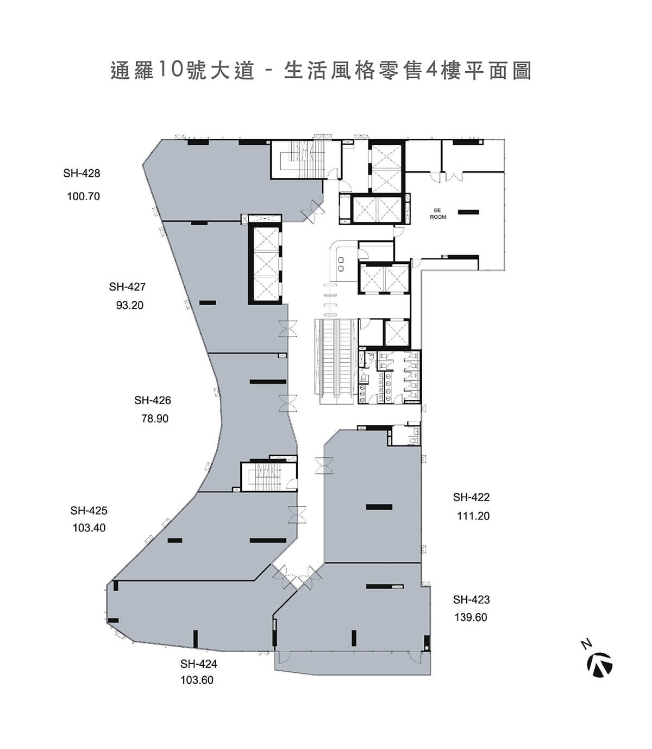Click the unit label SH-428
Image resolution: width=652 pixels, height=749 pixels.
point(81,174)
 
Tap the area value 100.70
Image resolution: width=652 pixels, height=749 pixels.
point(83,196)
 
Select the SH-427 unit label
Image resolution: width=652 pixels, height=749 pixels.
point(127,287)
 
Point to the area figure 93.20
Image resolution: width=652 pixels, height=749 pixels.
point(130,306)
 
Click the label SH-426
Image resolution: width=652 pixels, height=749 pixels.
point(153,400)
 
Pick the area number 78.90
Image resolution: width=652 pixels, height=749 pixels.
point(155,419)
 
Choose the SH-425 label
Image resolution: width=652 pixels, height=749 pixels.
point(89,511)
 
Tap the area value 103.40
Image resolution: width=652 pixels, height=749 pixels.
point(89,528)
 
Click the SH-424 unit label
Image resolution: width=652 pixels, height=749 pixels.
point(199,664)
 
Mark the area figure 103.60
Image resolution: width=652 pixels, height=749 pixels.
point(197,680)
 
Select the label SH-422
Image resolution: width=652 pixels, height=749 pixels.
point(471,497)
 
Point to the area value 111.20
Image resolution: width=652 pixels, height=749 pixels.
point(473,516)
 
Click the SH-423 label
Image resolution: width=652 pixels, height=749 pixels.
point(471,600)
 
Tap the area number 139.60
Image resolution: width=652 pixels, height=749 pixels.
point(471,617)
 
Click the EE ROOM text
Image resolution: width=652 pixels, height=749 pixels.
point(438,214)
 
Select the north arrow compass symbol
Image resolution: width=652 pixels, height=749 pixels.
point(599,665)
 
